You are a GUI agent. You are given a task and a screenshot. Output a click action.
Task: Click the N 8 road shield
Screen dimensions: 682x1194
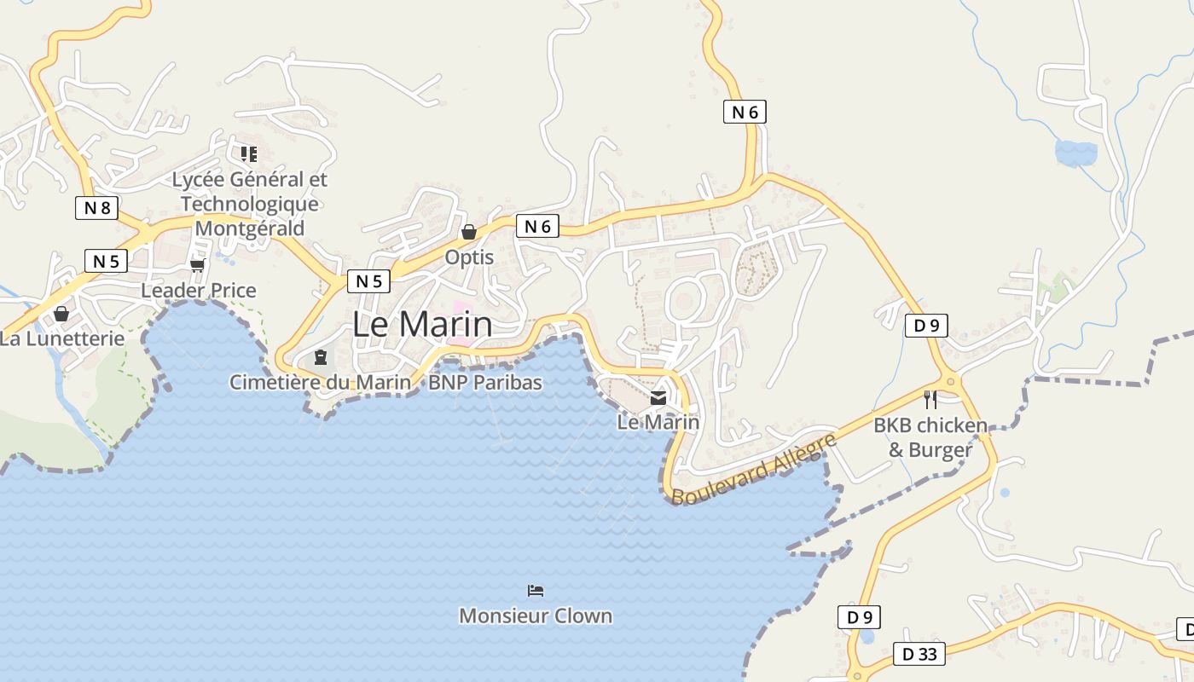pyautogui.click(x=96, y=207)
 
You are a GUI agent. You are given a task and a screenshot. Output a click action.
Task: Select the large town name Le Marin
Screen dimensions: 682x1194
pyautogui.click(x=422, y=325)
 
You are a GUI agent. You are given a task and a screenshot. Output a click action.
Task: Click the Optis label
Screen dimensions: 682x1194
pyautogui.click(x=469, y=257)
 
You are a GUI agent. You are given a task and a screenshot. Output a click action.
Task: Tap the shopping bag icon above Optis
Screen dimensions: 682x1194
pyautogui.click(x=468, y=231)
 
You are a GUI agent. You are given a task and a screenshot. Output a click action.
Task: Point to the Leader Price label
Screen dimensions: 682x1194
pyautogui.click(x=198, y=291)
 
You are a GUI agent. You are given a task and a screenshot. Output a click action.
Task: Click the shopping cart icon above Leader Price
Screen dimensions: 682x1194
pyautogui.click(x=198, y=266)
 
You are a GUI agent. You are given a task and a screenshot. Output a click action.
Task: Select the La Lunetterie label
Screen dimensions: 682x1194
pyautogui.click(x=61, y=338)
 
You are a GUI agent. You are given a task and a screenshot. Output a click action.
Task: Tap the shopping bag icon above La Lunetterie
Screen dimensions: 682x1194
pyautogui.click(x=61, y=314)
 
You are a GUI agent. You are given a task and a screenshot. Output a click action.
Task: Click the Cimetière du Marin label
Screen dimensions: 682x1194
pyautogui.click(x=320, y=383)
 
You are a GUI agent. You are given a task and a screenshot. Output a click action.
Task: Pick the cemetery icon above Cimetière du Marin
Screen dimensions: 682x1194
pyautogui.click(x=321, y=357)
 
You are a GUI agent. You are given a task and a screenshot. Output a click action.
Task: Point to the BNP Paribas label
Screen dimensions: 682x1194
pyautogui.click(x=484, y=383)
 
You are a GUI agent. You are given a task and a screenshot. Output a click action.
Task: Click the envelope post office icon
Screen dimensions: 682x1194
pyautogui.click(x=658, y=397)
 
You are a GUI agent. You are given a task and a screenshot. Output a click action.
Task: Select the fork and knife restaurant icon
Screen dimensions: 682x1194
pyautogui.click(x=930, y=399)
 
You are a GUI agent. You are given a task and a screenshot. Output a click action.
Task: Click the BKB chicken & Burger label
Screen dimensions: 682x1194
pyautogui.click(x=930, y=437)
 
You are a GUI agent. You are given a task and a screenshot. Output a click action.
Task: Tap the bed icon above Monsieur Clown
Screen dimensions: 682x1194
pyautogui.click(x=536, y=590)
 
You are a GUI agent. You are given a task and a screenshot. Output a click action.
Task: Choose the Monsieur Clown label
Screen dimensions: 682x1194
pyautogui.click(x=536, y=616)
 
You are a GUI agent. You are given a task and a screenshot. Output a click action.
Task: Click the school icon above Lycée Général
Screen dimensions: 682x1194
pyautogui.click(x=248, y=154)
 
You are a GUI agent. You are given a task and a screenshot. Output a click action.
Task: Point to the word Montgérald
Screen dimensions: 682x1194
pyautogui.click(x=249, y=228)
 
